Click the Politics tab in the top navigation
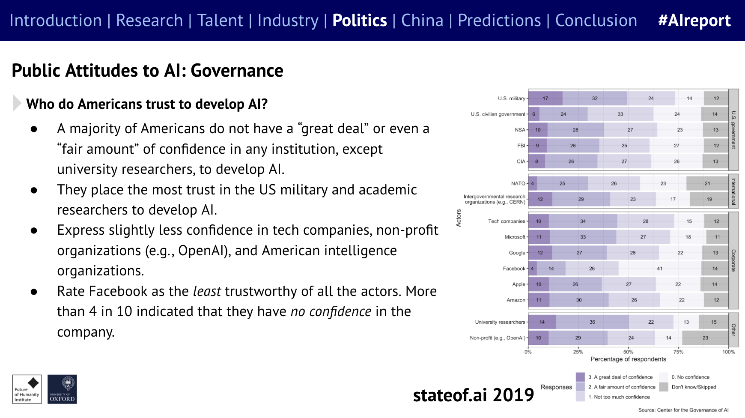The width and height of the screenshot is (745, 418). tap(359, 21)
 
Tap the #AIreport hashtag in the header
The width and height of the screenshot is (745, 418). tap(694, 21)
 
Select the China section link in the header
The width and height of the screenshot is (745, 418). tap(422, 21)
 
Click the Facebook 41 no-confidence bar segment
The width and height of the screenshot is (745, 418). tap(659, 269)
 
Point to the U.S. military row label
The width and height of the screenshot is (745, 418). tap(511, 99)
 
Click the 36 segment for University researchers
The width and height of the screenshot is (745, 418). tap(592, 322)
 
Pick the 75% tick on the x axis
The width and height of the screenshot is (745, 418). tap(678, 352)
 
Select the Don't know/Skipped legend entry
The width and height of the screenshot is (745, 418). tap(693, 387)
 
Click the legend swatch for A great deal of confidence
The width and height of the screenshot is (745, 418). tap(580, 377)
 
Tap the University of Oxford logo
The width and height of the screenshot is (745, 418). tap(62, 389)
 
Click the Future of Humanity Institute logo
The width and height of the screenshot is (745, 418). tap(27, 389)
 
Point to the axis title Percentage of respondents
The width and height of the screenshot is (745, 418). tap(628, 359)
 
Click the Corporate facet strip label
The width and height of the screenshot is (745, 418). tap(733, 260)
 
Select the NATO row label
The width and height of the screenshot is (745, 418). tap(518, 183)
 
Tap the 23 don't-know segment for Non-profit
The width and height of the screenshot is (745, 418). tap(705, 338)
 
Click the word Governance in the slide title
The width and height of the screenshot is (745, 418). tap(237, 71)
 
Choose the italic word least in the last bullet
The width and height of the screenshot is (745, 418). tap(207, 291)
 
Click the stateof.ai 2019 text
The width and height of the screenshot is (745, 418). tap(473, 395)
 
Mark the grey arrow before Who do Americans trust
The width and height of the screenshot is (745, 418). tap(17, 103)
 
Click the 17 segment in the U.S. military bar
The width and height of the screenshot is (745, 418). tap(545, 99)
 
